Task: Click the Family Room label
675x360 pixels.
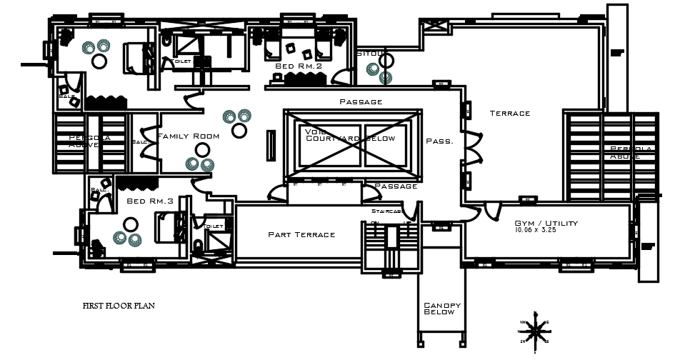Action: (x=187, y=136)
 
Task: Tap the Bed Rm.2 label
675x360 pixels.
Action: (x=299, y=66)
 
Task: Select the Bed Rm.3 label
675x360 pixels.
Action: (x=150, y=201)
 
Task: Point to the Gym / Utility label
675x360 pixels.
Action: (x=546, y=223)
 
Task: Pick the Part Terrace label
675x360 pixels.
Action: (x=301, y=234)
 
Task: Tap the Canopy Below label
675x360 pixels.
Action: (x=442, y=309)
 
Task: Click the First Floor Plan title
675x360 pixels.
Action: (x=119, y=306)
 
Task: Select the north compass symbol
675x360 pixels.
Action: (x=534, y=331)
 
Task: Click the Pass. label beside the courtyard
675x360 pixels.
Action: (x=439, y=141)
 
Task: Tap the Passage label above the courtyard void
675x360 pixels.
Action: (x=361, y=101)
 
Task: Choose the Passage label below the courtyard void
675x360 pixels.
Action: (x=396, y=186)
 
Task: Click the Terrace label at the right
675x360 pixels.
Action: (x=510, y=113)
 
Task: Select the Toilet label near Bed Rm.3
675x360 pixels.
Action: (x=214, y=226)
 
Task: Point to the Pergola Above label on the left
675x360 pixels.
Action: (x=89, y=141)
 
